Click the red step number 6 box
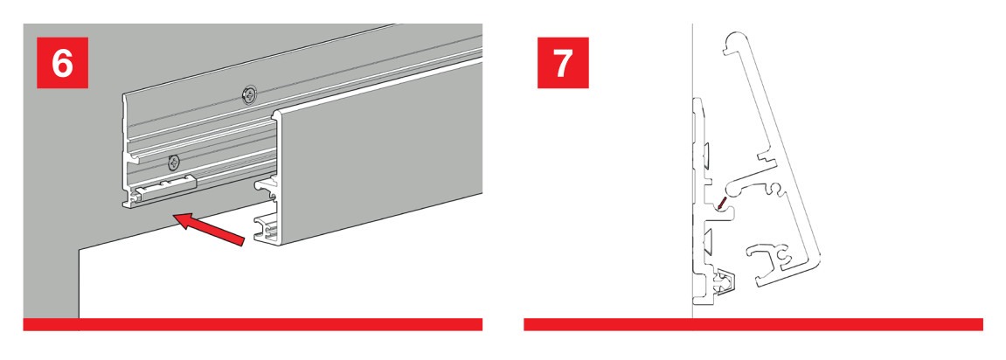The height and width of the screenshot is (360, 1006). click(61, 62)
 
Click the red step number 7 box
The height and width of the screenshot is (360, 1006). click(563, 62)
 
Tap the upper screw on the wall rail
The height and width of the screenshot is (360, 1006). click(248, 95)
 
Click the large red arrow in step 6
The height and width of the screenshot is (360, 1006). click(210, 230)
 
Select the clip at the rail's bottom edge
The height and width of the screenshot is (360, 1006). click(163, 189)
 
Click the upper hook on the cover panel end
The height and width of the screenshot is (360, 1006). click(266, 188)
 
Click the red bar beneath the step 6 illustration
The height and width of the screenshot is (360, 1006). click(253, 324)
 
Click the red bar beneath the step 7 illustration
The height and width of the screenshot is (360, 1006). click(753, 324)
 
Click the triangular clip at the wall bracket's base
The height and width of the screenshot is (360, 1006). click(725, 281)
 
